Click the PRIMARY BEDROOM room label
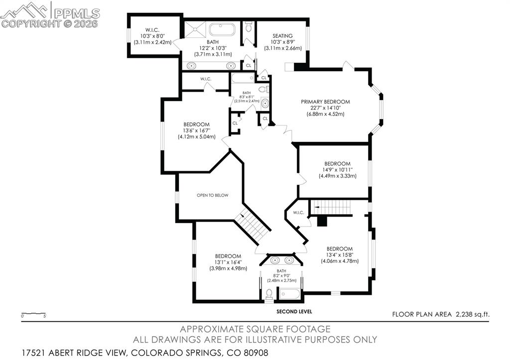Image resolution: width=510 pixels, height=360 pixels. (325, 102)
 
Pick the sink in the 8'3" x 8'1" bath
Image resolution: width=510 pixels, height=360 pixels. (265, 104)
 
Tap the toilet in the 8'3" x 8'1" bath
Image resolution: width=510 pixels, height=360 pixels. (266, 90)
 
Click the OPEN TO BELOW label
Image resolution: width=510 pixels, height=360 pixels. (212, 195)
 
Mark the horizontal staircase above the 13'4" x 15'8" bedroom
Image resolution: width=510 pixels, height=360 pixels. (331, 207)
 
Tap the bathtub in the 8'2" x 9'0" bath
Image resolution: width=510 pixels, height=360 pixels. (289, 294)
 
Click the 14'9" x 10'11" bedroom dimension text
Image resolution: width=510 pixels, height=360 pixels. (337, 170)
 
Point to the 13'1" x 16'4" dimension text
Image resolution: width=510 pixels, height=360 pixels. (228, 262)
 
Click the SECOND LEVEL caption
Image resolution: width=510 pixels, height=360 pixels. (294, 312)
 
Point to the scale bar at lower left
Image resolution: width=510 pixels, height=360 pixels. (33, 314)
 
